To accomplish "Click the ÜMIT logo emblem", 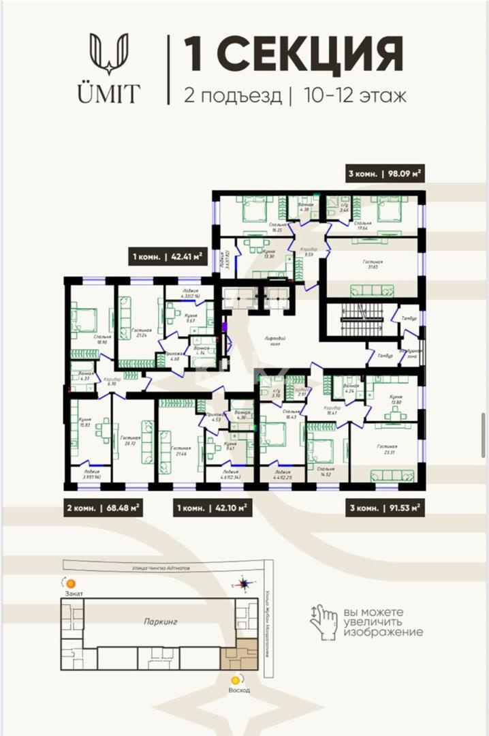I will [x=108, y=55].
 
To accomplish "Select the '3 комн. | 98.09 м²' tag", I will [x=385, y=174].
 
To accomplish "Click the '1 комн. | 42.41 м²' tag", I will [x=168, y=257].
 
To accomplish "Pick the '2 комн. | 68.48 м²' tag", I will [x=103, y=508].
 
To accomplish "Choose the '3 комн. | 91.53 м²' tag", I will [x=385, y=508].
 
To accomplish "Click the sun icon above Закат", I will [x=69, y=583].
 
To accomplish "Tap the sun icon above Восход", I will [x=236, y=680].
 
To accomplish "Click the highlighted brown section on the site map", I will [x=240, y=656].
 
